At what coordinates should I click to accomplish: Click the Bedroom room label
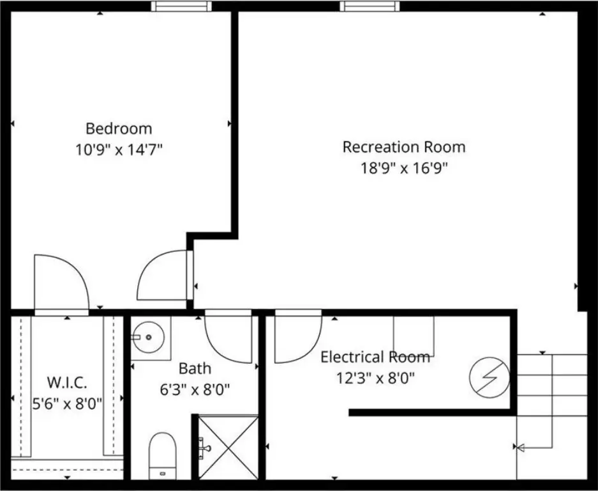119,129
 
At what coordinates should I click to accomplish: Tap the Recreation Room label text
404,147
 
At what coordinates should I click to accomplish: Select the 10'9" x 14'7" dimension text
119,150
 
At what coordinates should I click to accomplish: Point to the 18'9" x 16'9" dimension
404,168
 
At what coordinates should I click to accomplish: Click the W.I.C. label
67,382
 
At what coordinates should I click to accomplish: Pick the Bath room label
195,369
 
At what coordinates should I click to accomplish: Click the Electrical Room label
375,357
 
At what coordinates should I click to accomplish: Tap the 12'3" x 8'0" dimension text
375,378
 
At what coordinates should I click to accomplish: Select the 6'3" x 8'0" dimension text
195,390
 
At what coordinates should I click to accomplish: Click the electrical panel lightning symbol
490,378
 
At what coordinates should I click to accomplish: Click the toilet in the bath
163,455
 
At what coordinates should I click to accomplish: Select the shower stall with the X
228,448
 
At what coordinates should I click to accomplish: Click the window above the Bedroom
181,6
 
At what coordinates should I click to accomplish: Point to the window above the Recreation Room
370,6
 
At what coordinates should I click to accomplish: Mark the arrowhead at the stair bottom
520,447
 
